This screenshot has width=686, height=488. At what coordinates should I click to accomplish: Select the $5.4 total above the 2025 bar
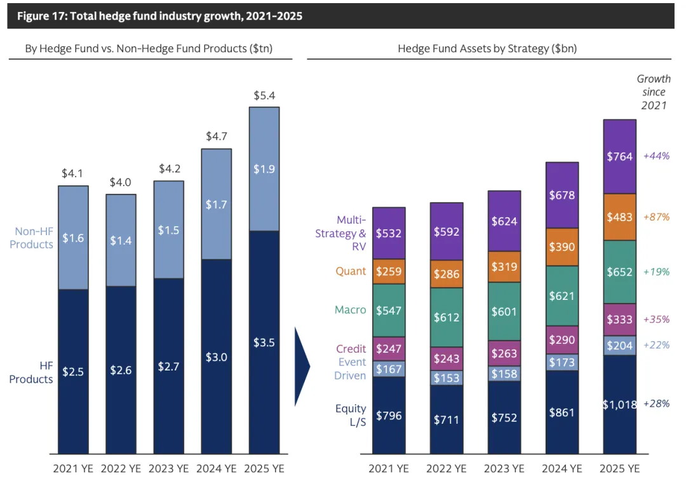coord(264,96)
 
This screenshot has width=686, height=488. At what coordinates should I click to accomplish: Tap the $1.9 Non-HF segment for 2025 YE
coord(264,169)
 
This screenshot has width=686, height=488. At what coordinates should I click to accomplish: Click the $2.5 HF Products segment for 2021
coord(73,371)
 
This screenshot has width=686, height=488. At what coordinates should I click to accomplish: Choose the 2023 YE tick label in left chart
coord(168,469)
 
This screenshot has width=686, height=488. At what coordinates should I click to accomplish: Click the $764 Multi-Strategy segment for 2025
coord(619,156)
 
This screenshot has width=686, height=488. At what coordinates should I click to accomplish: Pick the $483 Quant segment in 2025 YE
coord(619,217)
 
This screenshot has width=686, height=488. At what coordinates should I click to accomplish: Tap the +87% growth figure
coord(656,217)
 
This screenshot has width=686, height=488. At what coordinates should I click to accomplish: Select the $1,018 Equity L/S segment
coord(619,404)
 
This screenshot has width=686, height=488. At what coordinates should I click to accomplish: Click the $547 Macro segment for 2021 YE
coord(389,310)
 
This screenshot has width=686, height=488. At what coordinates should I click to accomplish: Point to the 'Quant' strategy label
coord(351,271)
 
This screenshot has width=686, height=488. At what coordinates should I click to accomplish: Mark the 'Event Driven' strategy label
coord(350,369)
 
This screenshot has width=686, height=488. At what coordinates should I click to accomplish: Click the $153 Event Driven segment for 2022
coord(446,377)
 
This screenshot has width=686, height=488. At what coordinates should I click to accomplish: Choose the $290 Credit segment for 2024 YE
coord(562,340)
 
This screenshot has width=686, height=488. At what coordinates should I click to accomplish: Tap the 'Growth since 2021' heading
coord(654,92)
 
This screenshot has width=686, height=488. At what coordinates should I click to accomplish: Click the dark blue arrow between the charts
coord(302,367)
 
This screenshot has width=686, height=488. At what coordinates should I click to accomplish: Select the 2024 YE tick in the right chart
coord(562,469)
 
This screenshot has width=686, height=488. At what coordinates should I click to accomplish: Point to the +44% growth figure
coord(656,156)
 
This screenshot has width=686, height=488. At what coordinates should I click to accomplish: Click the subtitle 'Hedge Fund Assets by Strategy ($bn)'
coord(487,48)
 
